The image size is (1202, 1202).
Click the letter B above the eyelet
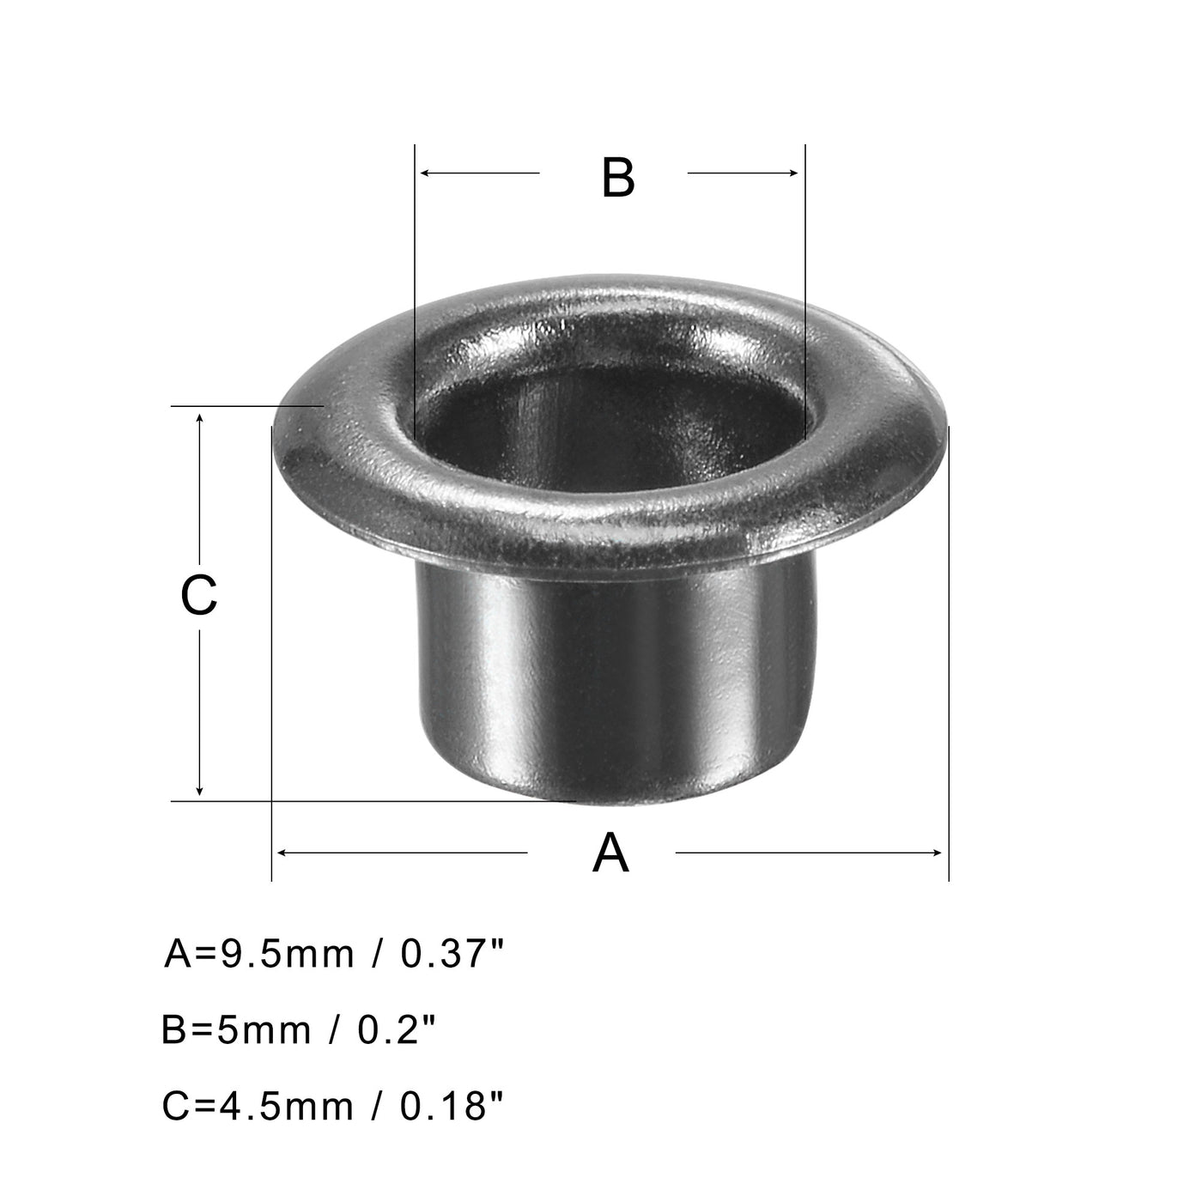tap(617, 178)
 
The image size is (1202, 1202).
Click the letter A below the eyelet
tap(610, 853)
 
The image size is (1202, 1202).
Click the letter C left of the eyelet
tap(198, 595)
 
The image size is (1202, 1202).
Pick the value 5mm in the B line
tap(258, 1029)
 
